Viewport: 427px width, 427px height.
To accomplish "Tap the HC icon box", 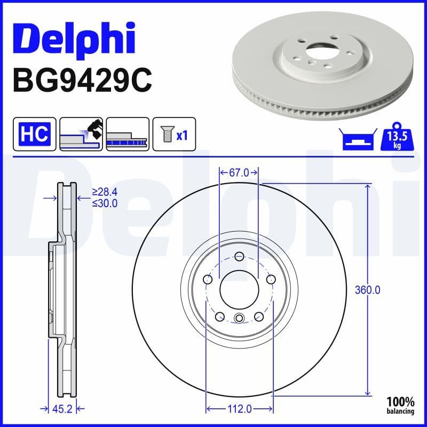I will (x=35, y=134).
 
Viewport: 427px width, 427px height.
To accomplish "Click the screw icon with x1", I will (x=173, y=134).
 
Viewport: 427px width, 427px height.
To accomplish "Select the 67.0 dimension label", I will (x=239, y=172).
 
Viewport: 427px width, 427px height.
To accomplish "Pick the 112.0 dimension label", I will (x=240, y=409).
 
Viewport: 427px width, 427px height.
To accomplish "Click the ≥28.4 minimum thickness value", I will (x=105, y=192).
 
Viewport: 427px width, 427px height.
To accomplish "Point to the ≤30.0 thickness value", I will (x=105, y=203).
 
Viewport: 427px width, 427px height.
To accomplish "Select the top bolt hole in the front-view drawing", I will (x=239, y=257).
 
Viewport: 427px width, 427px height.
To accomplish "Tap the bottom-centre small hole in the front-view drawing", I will (x=239, y=319).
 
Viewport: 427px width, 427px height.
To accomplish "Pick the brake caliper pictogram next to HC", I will (x=81, y=134).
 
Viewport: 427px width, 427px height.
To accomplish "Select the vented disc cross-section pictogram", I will (x=127, y=134).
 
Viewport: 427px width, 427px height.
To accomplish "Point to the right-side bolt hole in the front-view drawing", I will (x=271, y=279).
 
